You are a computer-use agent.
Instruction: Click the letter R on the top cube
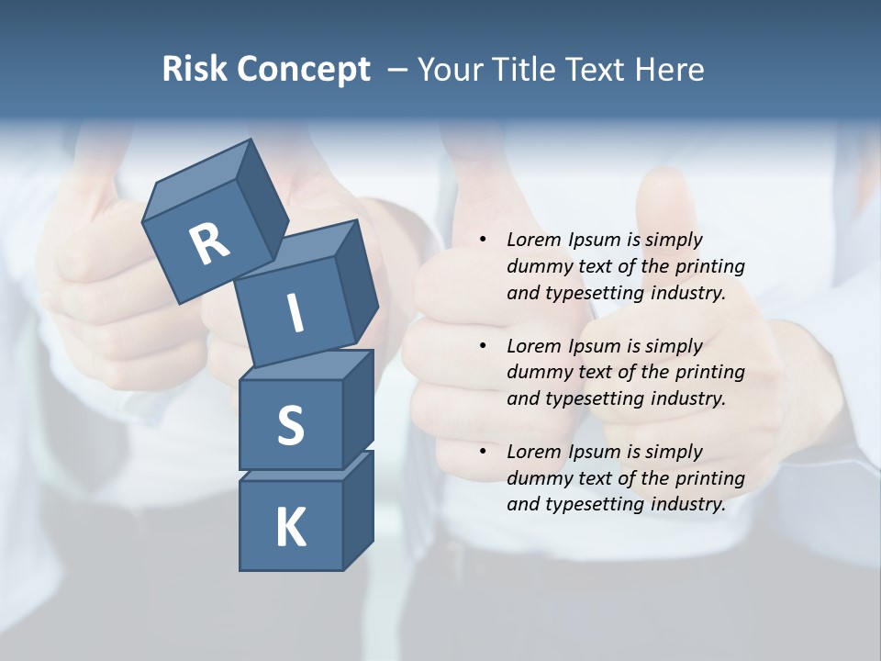209,244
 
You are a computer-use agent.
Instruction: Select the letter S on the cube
290,425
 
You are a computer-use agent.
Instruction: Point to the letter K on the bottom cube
290,528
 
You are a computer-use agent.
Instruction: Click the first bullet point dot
483,240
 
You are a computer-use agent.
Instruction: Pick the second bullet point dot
483,346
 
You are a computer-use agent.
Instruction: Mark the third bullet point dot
483,452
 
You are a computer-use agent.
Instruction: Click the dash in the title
398,70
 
